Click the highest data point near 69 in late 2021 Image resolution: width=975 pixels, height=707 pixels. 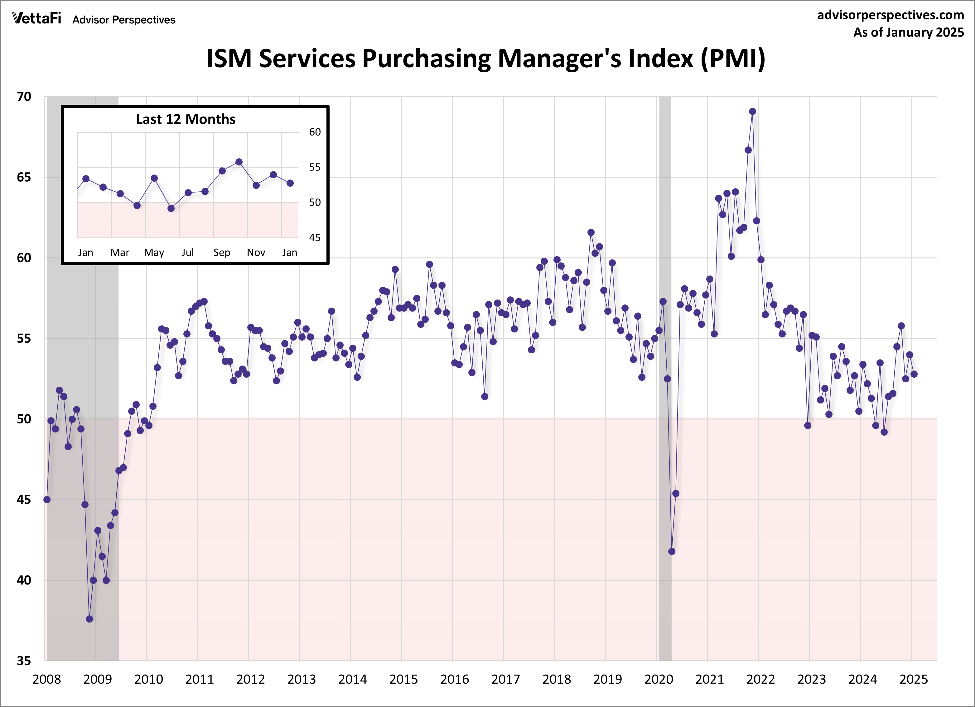pyautogui.click(x=752, y=112)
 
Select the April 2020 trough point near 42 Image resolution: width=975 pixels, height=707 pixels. pyautogui.click(x=672, y=552)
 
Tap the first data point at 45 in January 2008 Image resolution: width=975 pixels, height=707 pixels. pyautogui.click(x=47, y=499)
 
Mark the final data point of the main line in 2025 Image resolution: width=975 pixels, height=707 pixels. pyautogui.click(x=914, y=374)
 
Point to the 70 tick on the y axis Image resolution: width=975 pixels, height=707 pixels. pyautogui.click(x=24, y=97)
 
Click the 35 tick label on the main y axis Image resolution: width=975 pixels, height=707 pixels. pyautogui.click(x=24, y=661)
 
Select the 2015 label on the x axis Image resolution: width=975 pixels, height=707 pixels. pyautogui.click(x=403, y=680)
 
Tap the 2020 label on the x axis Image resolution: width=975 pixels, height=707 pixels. pyautogui.click(x=659, y=680)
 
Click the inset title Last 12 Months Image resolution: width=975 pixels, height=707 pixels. pyautogui.click(x=186, y=119)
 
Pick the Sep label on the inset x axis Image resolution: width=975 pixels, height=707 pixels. pyautogui.click(x=222, y=253)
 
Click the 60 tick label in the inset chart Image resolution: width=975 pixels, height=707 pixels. pyautogui.click(x=315, y=132)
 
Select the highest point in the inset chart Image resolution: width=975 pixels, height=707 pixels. pyautogui.click(x=239, y=162)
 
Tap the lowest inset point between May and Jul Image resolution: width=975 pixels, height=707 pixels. pyautogui.click(x=171, y=208)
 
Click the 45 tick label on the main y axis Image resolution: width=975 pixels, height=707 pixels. pyautogui.click(x=24, y=499)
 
